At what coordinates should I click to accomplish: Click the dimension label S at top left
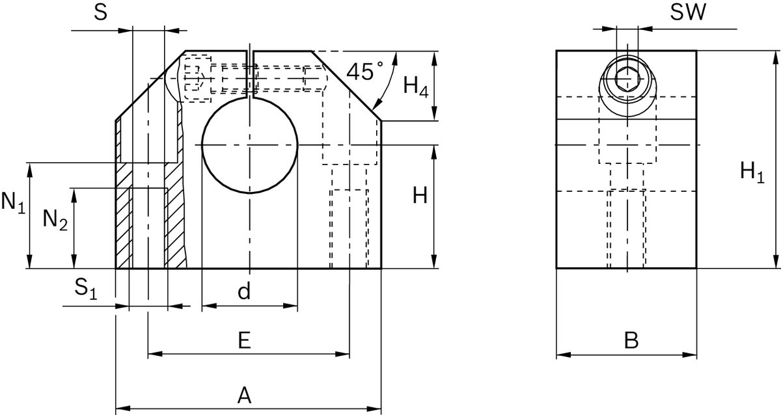pos(100,13)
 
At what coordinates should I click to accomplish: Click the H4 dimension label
pos(415,87)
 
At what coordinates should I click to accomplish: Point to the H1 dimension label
pos(752,172)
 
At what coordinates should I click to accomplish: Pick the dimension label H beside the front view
pos(420,196)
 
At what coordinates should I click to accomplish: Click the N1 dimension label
pos(13,203)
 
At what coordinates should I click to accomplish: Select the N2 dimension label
pos(55,221)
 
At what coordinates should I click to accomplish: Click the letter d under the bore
pos(243,292)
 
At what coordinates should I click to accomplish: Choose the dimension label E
pos(243,340)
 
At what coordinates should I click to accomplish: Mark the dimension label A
pos(243,395)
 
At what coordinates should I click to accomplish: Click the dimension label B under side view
pos(631,340)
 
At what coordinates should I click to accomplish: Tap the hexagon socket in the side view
pos(627,79)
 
